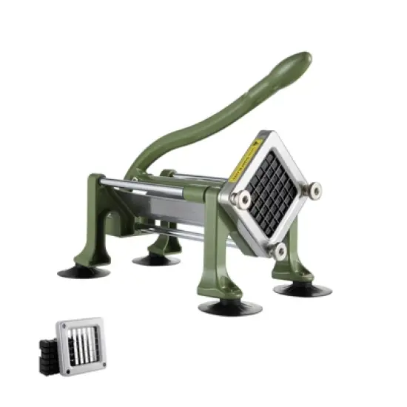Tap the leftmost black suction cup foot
84,272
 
